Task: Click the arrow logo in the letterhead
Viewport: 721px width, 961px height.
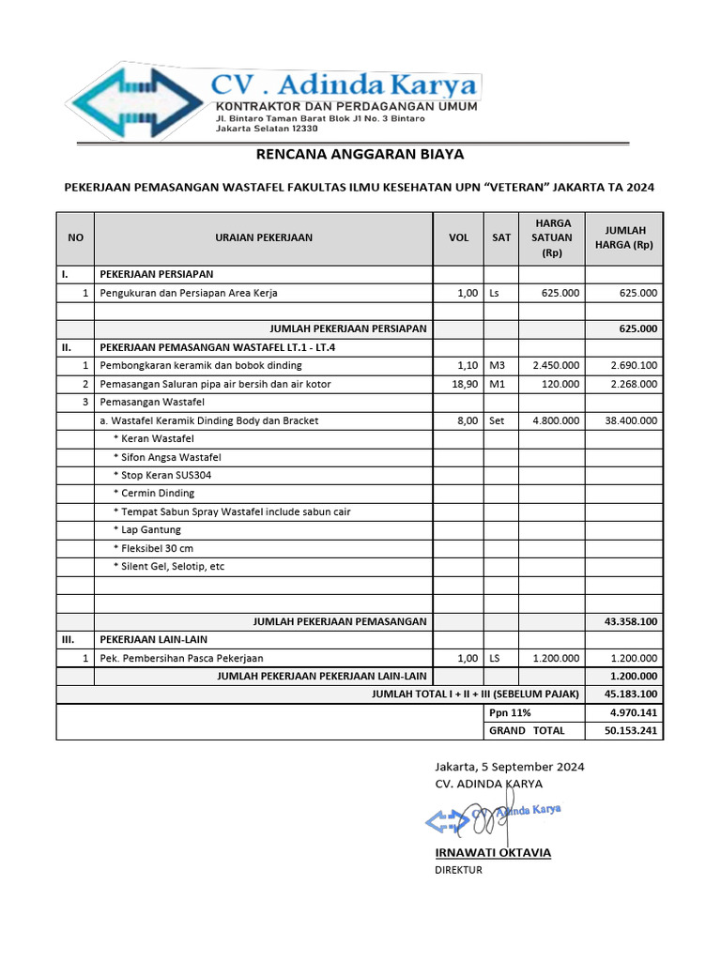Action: point(136,100)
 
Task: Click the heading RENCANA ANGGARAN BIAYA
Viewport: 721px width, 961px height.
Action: point(360,154)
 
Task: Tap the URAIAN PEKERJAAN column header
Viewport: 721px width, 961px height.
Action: point(264,237)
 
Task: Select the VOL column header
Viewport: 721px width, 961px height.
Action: point(458,237)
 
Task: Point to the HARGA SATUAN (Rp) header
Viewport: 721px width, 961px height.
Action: point(552,237)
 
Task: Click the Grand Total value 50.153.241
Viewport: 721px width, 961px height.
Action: point(631,730)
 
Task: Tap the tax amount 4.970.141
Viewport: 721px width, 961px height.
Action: point(632,712)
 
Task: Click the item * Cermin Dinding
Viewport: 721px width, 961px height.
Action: point(154,493)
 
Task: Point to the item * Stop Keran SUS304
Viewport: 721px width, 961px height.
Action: point(161,475)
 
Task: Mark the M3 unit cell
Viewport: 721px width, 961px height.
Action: point(498,365)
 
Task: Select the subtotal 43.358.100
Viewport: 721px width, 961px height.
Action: point(630,621)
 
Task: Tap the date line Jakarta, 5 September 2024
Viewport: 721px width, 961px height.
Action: point(509,767)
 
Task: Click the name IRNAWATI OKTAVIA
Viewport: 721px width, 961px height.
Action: point(493,852)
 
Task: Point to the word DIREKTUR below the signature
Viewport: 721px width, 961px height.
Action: point(458,870)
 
